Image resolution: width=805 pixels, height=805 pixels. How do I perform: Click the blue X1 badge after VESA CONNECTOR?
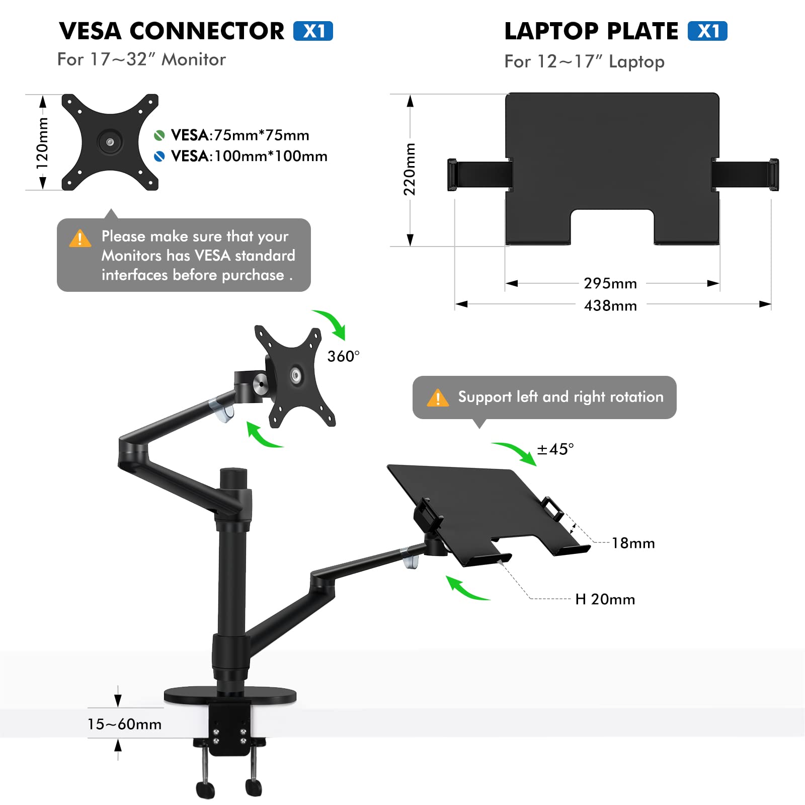pos(313,31)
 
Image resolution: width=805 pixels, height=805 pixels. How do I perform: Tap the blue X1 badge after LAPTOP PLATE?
pos(707,31)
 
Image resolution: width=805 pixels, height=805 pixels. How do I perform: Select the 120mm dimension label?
pos(43,142)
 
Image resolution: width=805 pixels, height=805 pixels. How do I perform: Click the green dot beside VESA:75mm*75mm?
pos(159,135)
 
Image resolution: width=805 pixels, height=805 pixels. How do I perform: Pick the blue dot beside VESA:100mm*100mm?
pos(159,156)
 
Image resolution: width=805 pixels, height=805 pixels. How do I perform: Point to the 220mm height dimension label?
pos(410,169)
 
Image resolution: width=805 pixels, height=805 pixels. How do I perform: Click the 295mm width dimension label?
pos(610,283)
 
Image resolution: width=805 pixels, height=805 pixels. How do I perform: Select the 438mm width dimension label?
pos(610,305)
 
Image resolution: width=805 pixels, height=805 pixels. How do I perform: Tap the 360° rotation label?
pos(343,356)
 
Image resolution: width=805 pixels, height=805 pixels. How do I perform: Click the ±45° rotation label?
pos(555,449)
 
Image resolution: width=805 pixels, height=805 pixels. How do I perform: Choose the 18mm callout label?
pos(633,543)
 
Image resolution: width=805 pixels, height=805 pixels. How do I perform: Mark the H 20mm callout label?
pos(605,599)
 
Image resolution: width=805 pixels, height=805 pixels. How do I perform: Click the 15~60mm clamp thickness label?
pos(124,724)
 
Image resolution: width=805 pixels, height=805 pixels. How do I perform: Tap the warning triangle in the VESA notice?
pos(80,238)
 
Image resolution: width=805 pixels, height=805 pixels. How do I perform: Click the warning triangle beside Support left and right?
pos(437,398)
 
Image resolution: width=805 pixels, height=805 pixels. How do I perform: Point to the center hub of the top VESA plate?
pos(110,142)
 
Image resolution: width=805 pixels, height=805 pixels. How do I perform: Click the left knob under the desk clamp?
pos(206,789)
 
